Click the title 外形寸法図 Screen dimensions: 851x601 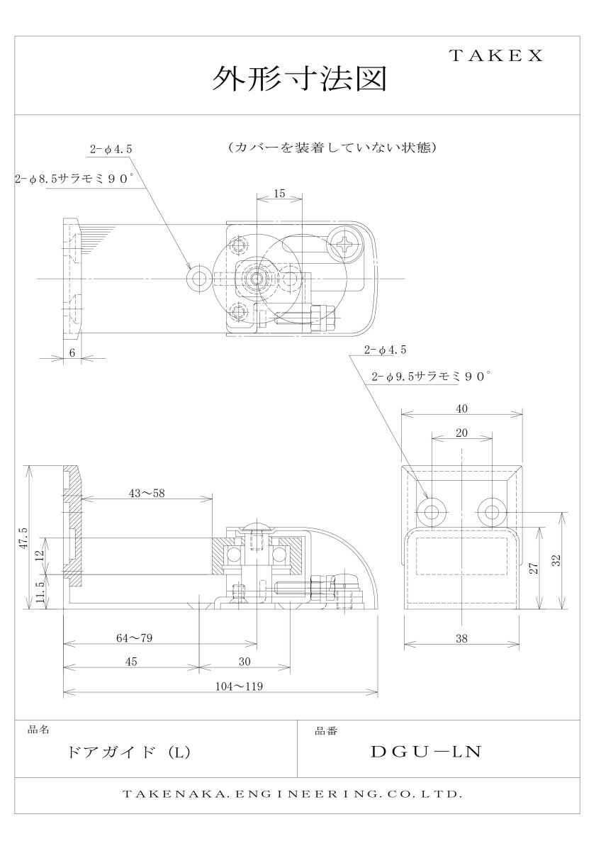tap(300, 79)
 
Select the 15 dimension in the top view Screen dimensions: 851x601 tap(279, 193)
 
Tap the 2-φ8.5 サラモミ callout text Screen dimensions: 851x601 tap(74, 180)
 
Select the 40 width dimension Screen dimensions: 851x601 tap(462, 408)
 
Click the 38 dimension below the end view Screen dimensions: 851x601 tap(462, 638)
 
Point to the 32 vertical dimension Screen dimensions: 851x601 tap(557, 560)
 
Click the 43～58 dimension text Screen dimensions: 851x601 tap(147, 494)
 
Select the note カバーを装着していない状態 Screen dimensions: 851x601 tap(332, 148)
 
